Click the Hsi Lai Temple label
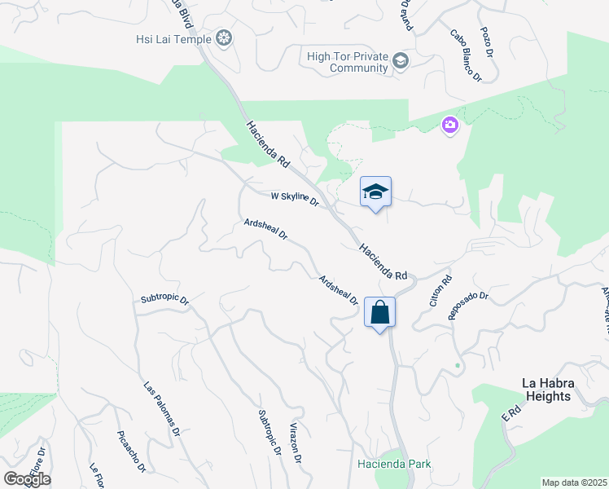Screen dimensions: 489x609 (x=172, y=38)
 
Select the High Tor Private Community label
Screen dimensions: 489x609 (x=347, y=62)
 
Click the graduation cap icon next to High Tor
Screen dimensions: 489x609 (x=401, y=60)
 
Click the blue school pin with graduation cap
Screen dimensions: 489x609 (x=375, y=192)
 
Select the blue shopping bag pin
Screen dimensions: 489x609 (x=380, y=312)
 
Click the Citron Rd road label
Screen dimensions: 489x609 (x=440, y=291)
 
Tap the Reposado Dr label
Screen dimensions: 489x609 (x=468, y=306)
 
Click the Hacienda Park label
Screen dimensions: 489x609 (x=395, y=465)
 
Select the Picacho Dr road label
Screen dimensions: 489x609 (x=131, y=452)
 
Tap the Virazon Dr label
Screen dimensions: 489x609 (x=296, y=443)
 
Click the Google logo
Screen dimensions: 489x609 (x=27, y=479)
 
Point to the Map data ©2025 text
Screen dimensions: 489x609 (x=574, y=482)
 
